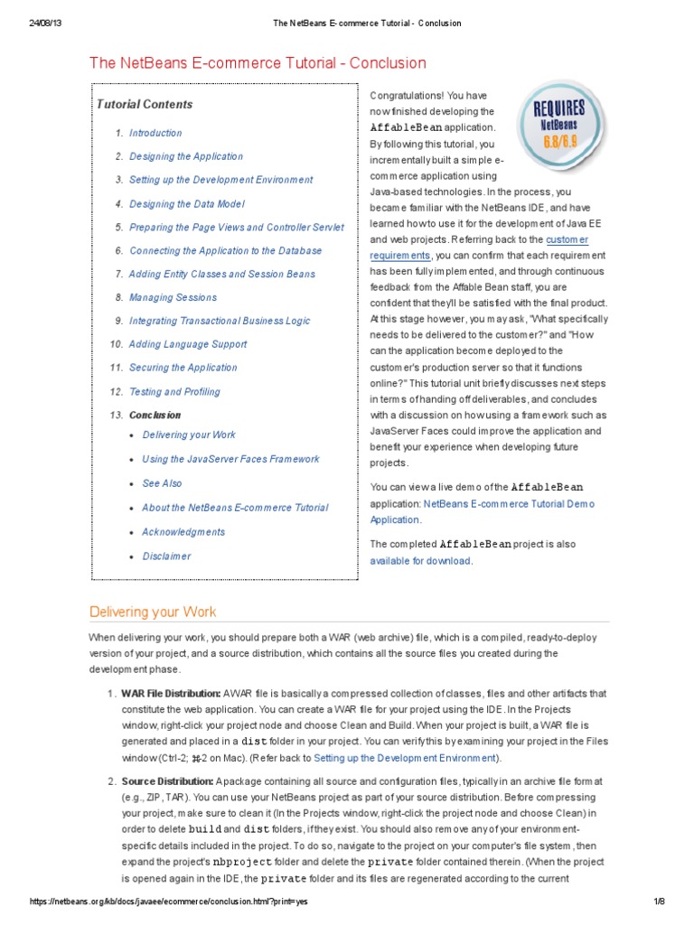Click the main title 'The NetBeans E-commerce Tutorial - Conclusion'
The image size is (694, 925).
click(x=258, y=62)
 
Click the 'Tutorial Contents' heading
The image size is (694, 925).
click(x=145, y=104)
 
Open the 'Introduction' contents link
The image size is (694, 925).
click(x=155, y=133)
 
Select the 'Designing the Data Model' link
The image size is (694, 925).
click(x=187, y=204)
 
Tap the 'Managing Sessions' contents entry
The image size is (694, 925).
click(x=173, y=297)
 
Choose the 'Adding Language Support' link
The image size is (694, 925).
click(x=187, y=344)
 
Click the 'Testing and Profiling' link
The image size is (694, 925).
click(x=174, y=392)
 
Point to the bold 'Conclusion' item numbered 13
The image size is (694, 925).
click(x=155, y=416)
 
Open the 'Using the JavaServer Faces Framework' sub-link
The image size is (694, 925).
click(x=230, y=459)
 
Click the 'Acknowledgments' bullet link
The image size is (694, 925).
click(x=183, y=532)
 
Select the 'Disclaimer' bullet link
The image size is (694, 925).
click(x=166, y=556)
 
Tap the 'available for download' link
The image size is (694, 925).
click(x=420, y=561)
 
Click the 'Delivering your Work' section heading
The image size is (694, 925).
click(x=153, y=612)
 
